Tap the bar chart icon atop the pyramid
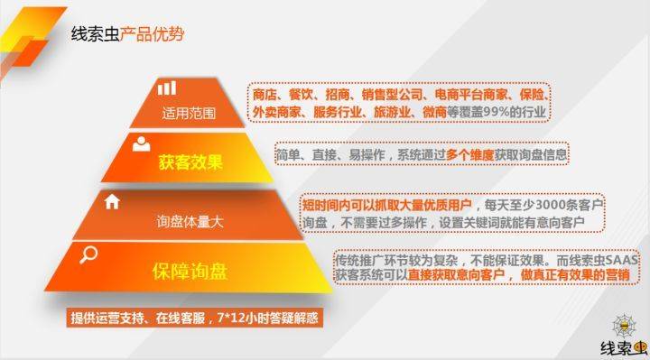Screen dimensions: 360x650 (166, 88)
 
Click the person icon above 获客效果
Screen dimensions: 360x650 (141, 143)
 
